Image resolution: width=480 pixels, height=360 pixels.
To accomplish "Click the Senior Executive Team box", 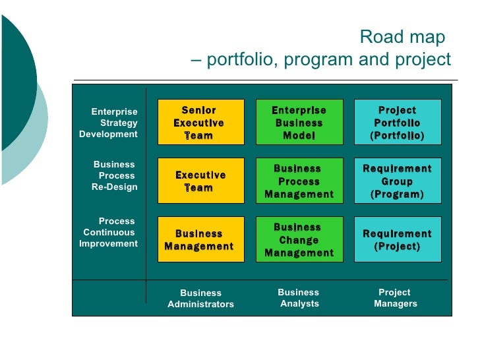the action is click(x=200, y=122).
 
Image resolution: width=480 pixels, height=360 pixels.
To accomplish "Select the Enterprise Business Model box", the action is click(x=299, y=122).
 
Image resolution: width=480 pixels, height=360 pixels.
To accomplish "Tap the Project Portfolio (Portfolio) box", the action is click(x=397, y=122).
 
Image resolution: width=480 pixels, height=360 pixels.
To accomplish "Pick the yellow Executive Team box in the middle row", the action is click(x=200, y=181).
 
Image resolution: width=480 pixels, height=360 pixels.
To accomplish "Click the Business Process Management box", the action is click(x=299, y=181).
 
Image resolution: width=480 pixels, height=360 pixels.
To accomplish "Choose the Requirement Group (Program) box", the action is click(x=397, y=181).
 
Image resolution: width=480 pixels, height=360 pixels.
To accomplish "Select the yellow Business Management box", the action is click(x=200, y=239).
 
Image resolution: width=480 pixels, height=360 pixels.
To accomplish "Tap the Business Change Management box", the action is click(x=299, y=239).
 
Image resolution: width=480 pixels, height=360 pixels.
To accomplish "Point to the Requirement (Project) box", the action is click(x=397, y=239).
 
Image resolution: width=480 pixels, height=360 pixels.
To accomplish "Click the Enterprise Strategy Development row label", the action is click(x=109, y=123).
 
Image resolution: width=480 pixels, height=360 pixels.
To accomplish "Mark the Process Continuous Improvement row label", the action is click(x=109, y=232).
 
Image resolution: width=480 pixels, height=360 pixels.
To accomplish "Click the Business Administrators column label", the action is click(x=200, y=298).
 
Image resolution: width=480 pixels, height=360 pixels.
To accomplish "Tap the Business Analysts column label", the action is click(x=299, y=297).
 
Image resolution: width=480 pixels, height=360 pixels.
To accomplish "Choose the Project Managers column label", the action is click(x=395, y=297).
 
